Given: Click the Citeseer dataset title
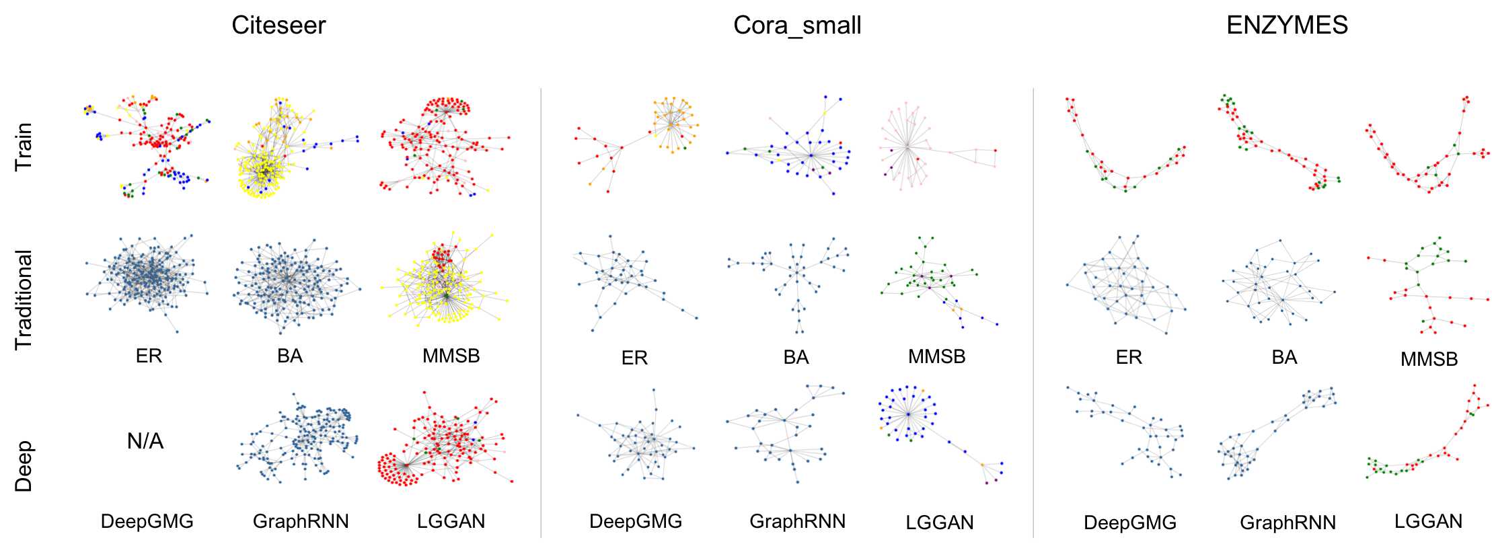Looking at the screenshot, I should [x=278, y=26].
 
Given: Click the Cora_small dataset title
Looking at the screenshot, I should [x=796, y=26].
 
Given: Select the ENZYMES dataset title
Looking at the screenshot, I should [x=1287, y=26].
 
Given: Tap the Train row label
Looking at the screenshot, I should [x=24, y=146].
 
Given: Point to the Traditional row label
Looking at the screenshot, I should [x=24, y=300].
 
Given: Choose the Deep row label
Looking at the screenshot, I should [x=24, y=466].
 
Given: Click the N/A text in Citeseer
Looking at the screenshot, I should [x=145, y=441].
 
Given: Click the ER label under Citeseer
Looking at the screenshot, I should [x=149, y=356].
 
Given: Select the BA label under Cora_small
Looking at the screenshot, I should [x=796, y=357].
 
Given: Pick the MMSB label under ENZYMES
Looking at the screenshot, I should [x=1429, y=359].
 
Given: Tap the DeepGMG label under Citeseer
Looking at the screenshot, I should [x=147, y=521].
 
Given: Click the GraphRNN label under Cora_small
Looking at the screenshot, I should [x=797, y=521].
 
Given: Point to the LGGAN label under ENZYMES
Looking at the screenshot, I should [x=1428, y=521].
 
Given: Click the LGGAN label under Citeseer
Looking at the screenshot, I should [x=451, y=521].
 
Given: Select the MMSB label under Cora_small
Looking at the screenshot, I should [x=936, y=356].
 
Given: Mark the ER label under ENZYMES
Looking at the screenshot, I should [x=1128, y=357].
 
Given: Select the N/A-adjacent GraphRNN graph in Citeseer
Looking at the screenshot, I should [x=299, y=437].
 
